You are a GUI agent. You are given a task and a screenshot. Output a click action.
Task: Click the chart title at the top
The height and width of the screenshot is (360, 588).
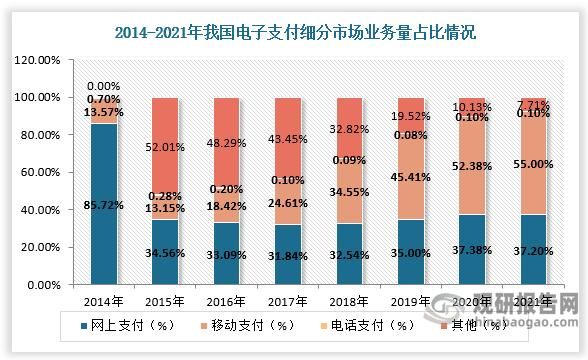click(295, 31)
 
